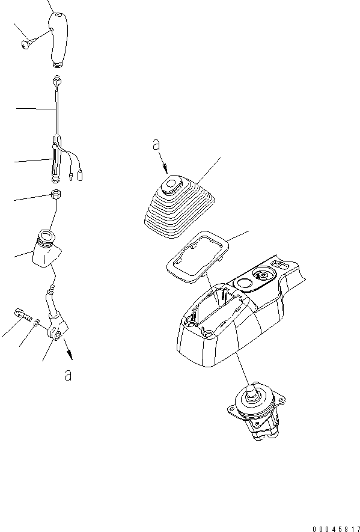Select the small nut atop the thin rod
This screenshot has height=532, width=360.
(56, 82)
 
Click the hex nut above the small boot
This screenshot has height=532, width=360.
(55, 195)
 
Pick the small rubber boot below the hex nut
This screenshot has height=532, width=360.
(47, 249)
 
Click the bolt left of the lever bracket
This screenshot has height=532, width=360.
(24, 315)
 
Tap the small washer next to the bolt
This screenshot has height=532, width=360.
(37, 322)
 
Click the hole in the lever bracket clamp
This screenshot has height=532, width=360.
(58, 334)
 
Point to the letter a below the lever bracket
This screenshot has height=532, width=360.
(68, 375)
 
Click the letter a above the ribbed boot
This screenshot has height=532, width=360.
(156, 145)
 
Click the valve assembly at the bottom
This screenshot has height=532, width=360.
(256, 412)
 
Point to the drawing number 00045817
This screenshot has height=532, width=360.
(336, 528)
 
